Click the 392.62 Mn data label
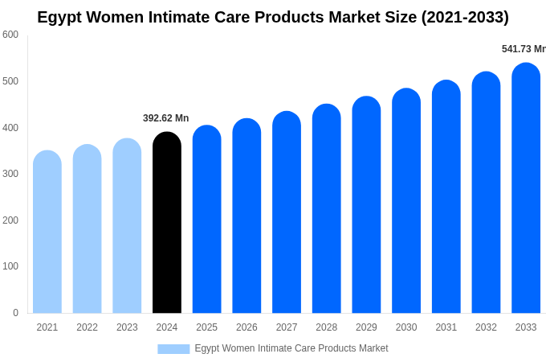[x=166, y=118]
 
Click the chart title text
[x=273, y=17]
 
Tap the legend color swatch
[x=173, y=348]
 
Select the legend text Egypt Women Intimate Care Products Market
[x=291, y=348]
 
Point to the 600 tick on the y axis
[x=10, y=35]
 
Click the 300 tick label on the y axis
[x=10, y=174]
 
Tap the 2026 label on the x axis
[x=247, y=327]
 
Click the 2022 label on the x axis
[x=87, y=327]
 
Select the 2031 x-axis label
[x=446, y=327]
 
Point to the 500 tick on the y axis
[x=10, y=81]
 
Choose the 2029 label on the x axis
[x=366, y=327]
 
